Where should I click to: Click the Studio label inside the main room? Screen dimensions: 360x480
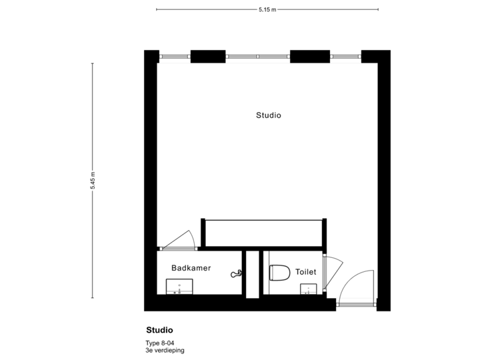coord(269,115)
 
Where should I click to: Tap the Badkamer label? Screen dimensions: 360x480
coord(191,268)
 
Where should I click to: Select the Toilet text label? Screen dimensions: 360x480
coord(305,272)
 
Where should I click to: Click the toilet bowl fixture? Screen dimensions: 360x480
coord(279,273)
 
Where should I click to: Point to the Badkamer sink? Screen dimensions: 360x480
coord(179,287)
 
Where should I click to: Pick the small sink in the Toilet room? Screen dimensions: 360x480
coord(309,289)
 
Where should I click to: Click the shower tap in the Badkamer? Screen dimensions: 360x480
coord(236,273)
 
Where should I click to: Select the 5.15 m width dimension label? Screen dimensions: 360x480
coord(267,9)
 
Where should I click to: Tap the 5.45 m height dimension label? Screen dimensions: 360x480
coord(93,181)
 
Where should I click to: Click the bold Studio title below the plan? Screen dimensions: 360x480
coord(159,330)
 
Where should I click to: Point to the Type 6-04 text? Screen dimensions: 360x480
coord(160,343)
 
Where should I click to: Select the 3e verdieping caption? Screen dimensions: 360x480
coord(165,350)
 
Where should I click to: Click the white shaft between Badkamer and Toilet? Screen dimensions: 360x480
coord(252,273)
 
